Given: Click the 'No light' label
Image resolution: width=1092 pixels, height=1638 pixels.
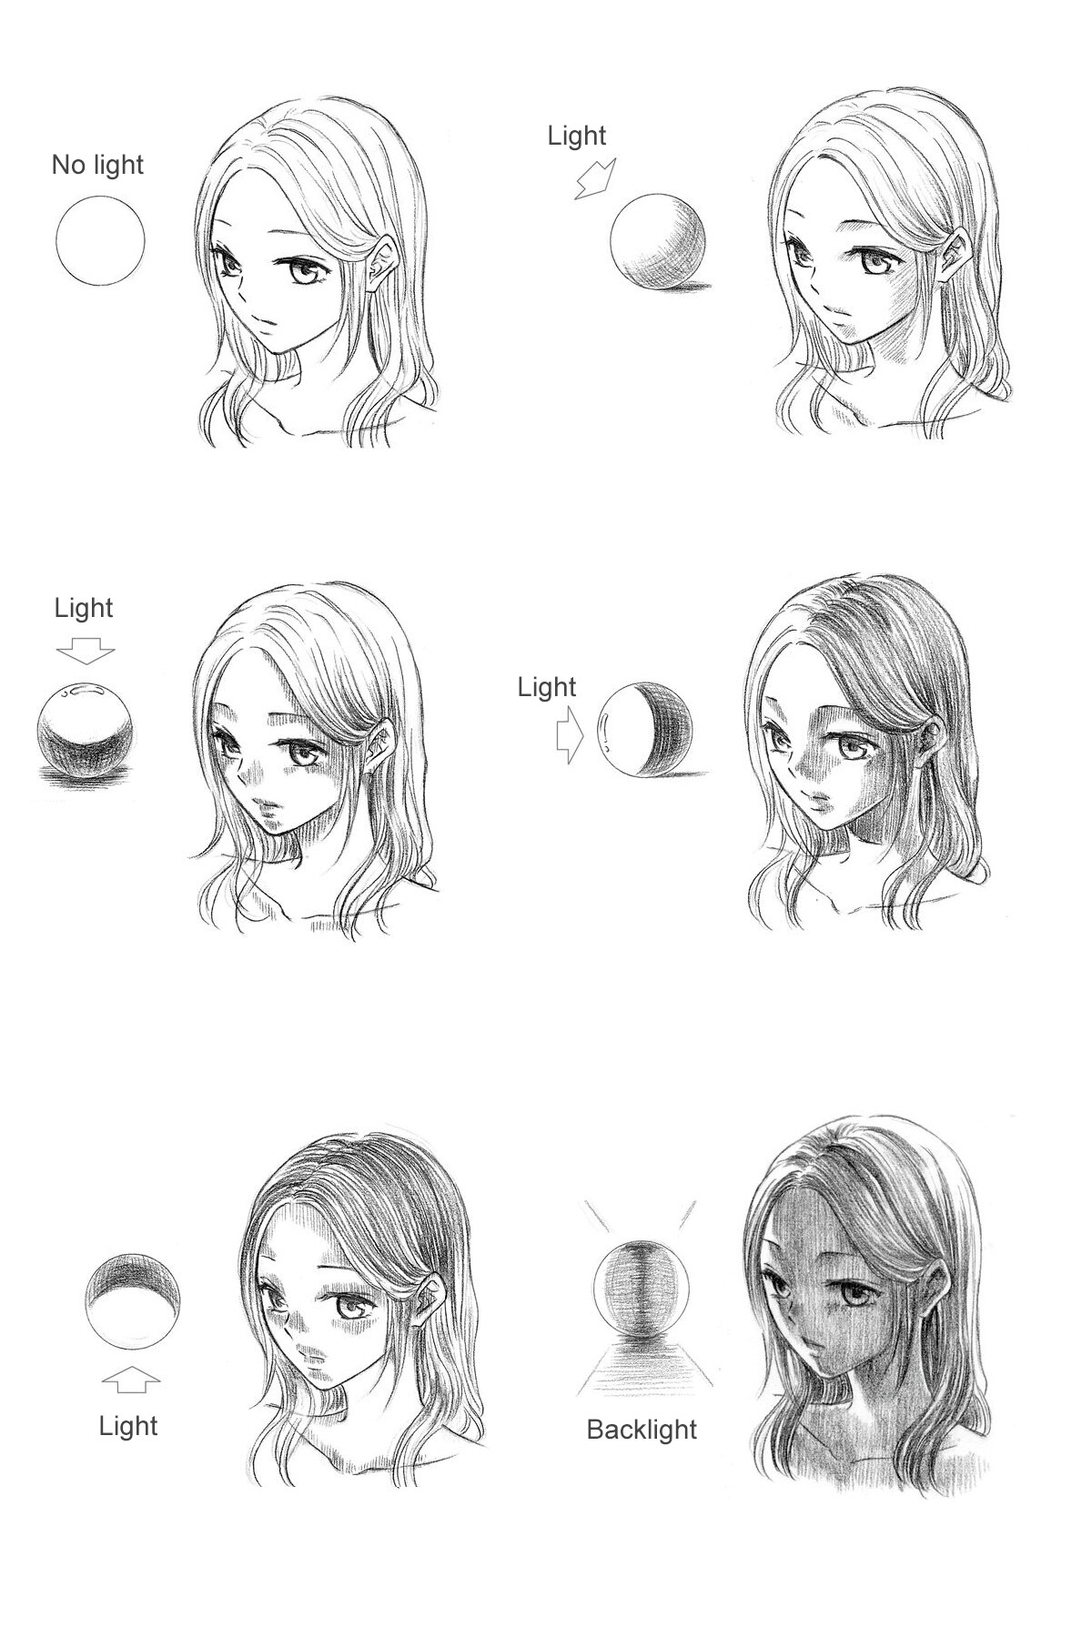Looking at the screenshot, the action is coord(97,165).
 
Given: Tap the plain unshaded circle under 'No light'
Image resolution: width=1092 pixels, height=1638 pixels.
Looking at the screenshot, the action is coord(100,241).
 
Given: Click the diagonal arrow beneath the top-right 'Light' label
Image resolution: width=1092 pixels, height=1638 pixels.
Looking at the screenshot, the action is coord(595,177).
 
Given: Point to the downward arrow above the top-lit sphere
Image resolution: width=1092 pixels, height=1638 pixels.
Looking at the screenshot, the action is coord(86,650).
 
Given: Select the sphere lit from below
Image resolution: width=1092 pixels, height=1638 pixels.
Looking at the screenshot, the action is coord(133,1301).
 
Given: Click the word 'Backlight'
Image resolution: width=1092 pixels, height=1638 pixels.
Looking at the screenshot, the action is coord(642,1430).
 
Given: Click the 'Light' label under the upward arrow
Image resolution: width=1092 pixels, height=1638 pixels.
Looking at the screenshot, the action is coord(128,1426).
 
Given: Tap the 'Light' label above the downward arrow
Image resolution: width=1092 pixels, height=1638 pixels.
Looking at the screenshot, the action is coord(84,608).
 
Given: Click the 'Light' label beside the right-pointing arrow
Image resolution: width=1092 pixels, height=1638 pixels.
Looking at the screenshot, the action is coord(547,687).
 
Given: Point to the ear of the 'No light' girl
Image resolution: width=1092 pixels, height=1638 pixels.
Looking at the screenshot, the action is coord(384,264).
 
